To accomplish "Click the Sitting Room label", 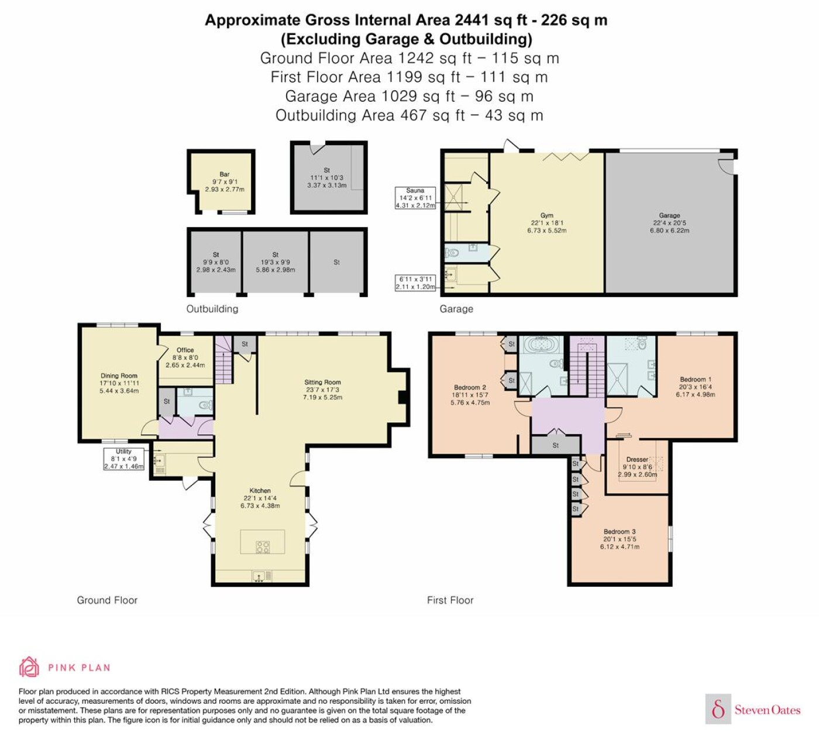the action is (x=322, y=383).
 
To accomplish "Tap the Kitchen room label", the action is (x=260, y=491).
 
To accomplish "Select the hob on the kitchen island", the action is (x=263, y=547).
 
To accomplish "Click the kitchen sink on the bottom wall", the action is (x=259, y=576).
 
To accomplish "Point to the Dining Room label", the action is (x=119, y=376).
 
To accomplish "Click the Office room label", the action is (x=185, y=350).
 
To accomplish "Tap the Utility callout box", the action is (x=123, y=459).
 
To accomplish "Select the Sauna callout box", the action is (x=415, y=198).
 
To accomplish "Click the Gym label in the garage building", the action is (x=546, y=215).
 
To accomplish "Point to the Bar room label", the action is (x=225, y=174).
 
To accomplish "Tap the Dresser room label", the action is (x=637, y=459).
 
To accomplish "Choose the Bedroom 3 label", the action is (x=620, y=531).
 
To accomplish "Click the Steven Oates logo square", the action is (x=718, y=708).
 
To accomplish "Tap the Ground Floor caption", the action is (x=107, y=600).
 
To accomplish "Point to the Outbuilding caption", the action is (x=212, y=309).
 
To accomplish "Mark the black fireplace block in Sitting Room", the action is (x=402, y=397).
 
